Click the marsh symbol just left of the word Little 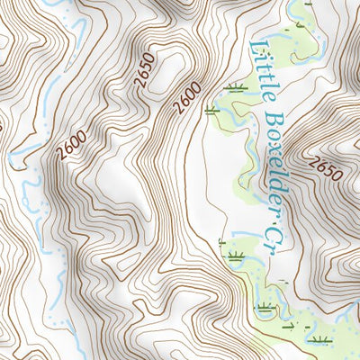pyautogui.click(x=235, y=87)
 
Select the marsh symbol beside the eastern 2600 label pyautogui.click(x=212, y=111)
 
